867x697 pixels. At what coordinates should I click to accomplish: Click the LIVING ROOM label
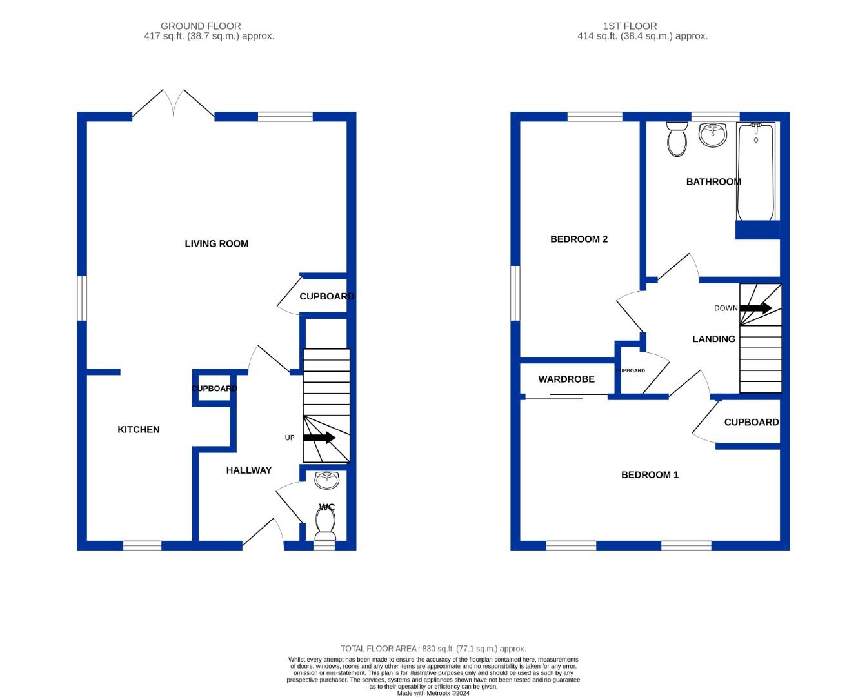tap(216, 243)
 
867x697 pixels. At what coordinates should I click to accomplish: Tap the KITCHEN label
tap(138, 429)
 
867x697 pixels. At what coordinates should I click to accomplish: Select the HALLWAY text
tap(248, 470)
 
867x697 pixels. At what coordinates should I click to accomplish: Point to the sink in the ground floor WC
tap(326, 480)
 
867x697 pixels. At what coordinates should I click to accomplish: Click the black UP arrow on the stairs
tap(319, 438)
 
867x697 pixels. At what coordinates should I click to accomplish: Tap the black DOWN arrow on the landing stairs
tap(755, 308)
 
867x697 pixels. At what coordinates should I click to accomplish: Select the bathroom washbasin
tap(713, 134)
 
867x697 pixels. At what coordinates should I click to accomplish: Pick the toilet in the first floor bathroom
tap(677, 139)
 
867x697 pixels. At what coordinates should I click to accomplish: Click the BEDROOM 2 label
tap(579, 239)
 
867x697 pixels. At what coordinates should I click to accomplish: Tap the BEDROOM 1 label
tap(650, 474)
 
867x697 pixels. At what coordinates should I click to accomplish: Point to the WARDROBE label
tap(566, 379)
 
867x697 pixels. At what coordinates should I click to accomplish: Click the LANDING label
tap(713, 339)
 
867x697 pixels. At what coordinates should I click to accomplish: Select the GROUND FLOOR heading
tap(201, 26)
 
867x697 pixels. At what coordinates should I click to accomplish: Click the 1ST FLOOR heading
tap(630, 26)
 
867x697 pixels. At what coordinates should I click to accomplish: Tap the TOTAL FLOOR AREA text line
tap(433, 649)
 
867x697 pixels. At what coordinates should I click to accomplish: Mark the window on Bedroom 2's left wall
tap(515, 293)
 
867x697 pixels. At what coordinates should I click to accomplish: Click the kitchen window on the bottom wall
tap(142, 545)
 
